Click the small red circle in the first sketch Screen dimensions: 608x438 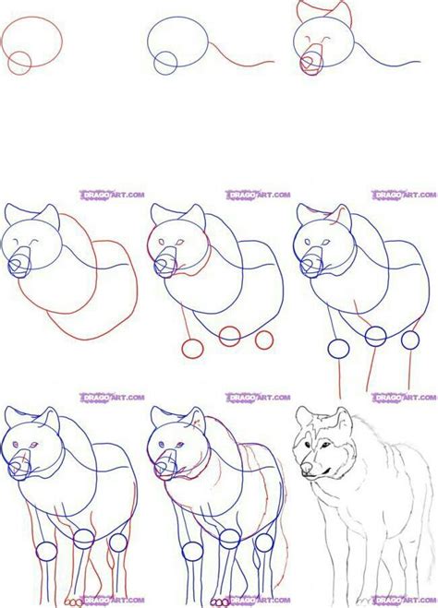(18, 63)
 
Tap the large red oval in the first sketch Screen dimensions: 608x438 (35, 41)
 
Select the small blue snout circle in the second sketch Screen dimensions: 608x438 (165, 63)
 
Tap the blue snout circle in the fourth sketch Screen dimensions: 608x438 (19, 267)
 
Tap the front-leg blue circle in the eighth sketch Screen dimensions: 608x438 (192, 552)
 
